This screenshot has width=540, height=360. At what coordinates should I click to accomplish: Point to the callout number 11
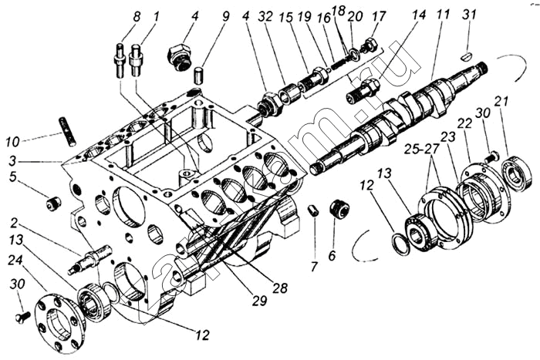click(x=442, y=15)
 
